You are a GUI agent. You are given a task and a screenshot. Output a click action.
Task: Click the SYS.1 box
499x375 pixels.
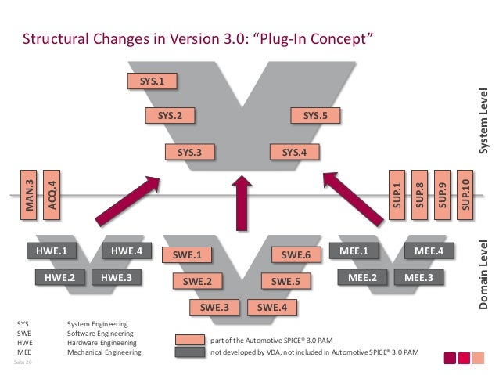pyautogui.click(x=151, y=81)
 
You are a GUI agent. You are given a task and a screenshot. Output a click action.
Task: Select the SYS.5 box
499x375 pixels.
pyautogui.click(x=315, y=116)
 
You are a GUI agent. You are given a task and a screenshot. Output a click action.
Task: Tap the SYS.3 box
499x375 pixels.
pyautogui.click(x=189, y=153)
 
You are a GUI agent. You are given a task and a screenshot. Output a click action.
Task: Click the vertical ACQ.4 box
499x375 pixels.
pyautogui.click(x=51, y=190)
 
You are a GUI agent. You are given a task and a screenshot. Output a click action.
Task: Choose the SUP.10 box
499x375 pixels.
pyautogui.click(x=466, y=190)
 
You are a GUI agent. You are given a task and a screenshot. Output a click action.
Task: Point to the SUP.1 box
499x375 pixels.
pyautogui.click(x=397, y=190)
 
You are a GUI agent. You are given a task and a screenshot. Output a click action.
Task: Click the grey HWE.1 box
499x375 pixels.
pyautogui.click(x=51, y=251)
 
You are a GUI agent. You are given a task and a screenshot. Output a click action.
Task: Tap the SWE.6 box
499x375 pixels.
pyautogui.click(x=296, y=254)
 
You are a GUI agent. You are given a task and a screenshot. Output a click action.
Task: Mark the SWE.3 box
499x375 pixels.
pyautogui.click(x=214, y=308)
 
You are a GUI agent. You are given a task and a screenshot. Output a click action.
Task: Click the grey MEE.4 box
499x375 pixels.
pyautogui.click(x=429, y=251)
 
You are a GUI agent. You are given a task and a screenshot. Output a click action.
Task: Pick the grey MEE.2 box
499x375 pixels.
pyautogui.click(x=362, y=276)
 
